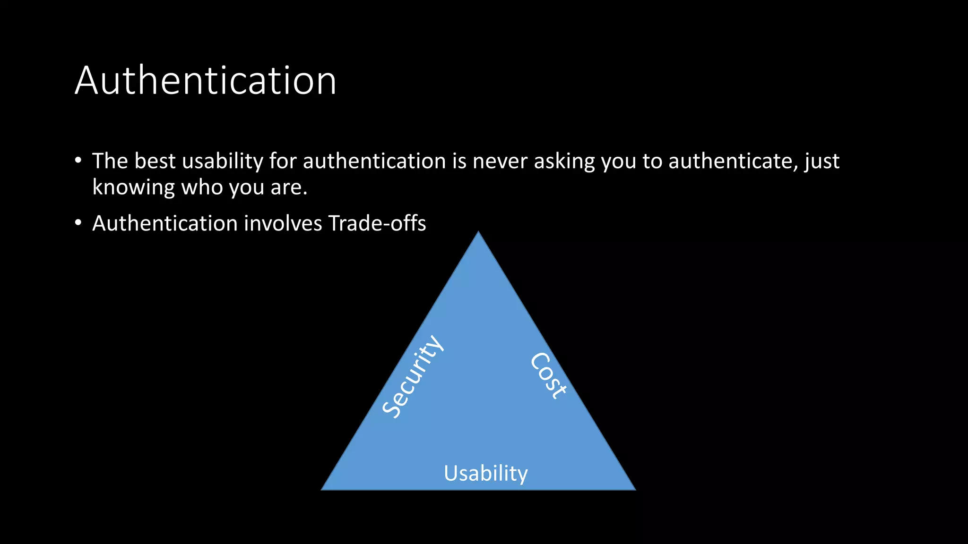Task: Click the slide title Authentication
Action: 206,81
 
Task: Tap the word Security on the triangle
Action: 413,376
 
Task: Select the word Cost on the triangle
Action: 548,376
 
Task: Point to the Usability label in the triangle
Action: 485,473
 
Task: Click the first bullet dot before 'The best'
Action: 78,160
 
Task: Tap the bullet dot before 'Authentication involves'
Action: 78,222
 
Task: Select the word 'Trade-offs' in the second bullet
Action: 377,223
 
